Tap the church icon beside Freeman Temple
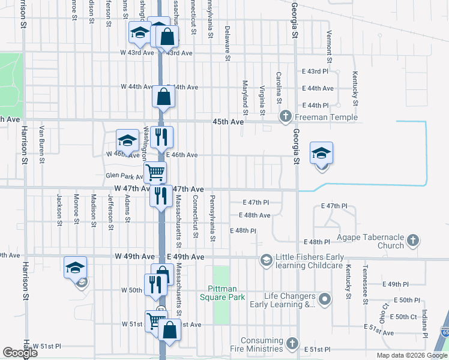coord(286,116)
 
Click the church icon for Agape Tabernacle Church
coord(412,241)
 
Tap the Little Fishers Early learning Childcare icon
coord(266,260)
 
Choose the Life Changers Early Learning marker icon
coord(325,298)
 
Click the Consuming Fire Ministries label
coord(261,344)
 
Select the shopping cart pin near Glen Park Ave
coord(155,173)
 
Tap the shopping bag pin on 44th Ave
coord(164,97)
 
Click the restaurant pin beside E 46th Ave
coord(160,137)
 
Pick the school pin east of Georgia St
coord(321,154)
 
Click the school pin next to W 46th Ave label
coord(127,141)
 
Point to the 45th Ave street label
coord(228,122)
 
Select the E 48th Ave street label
coord(254,215)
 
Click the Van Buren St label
coord(42,144)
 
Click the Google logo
coord(20,353)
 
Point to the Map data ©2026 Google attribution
coord(411,355)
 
